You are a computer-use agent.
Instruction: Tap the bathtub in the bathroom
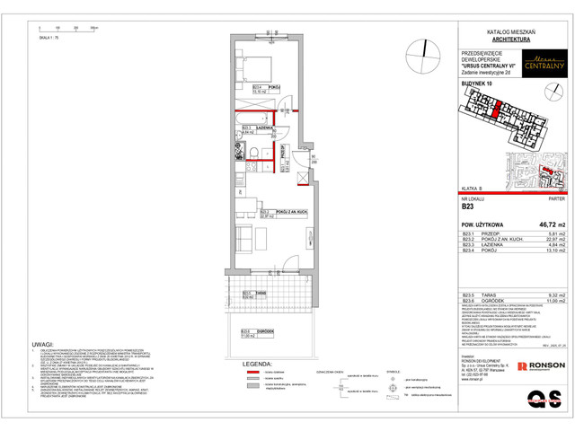pos(245,119)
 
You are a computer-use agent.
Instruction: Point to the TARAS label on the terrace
pos(260,293)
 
